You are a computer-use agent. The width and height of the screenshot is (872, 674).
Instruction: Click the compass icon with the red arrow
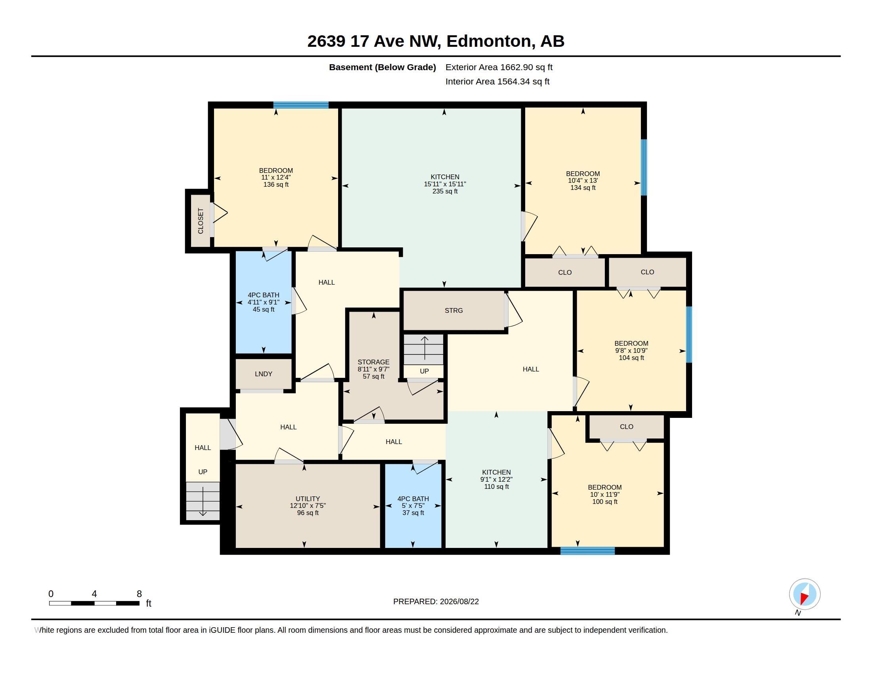point(805,594)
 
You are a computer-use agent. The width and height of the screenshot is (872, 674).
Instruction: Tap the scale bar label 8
point(140,594)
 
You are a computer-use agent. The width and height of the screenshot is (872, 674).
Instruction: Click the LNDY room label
point(264,374)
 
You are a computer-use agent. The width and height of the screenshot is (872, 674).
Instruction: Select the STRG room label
point(454,311)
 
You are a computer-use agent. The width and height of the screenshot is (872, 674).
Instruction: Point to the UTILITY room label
point(308,499)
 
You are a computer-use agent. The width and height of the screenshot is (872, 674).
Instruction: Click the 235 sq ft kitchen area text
point(445,191)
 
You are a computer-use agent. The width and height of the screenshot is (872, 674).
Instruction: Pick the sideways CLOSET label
point(201,221)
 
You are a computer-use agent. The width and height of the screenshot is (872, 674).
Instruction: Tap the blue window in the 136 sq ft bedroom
point(301,105)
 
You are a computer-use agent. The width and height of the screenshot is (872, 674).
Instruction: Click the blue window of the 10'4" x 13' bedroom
point(644,167)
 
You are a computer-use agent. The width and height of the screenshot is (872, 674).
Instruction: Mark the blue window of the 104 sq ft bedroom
point(689,335)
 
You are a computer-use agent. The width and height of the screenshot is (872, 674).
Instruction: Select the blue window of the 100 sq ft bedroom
point(588,551)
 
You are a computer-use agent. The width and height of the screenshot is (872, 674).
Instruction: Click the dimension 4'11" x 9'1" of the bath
point(264,303)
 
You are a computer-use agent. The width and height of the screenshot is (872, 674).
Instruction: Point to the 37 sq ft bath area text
point(413,513)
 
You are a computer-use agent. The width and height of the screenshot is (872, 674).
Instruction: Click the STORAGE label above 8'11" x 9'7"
point(374,362)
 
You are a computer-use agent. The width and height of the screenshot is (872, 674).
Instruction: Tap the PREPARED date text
point(436,602)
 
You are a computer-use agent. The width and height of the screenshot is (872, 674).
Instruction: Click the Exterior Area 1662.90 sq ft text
point(499,67)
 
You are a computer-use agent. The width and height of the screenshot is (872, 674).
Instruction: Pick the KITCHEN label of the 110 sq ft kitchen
point(496,472)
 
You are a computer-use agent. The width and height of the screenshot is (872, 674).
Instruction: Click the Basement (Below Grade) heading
point(382,67)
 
